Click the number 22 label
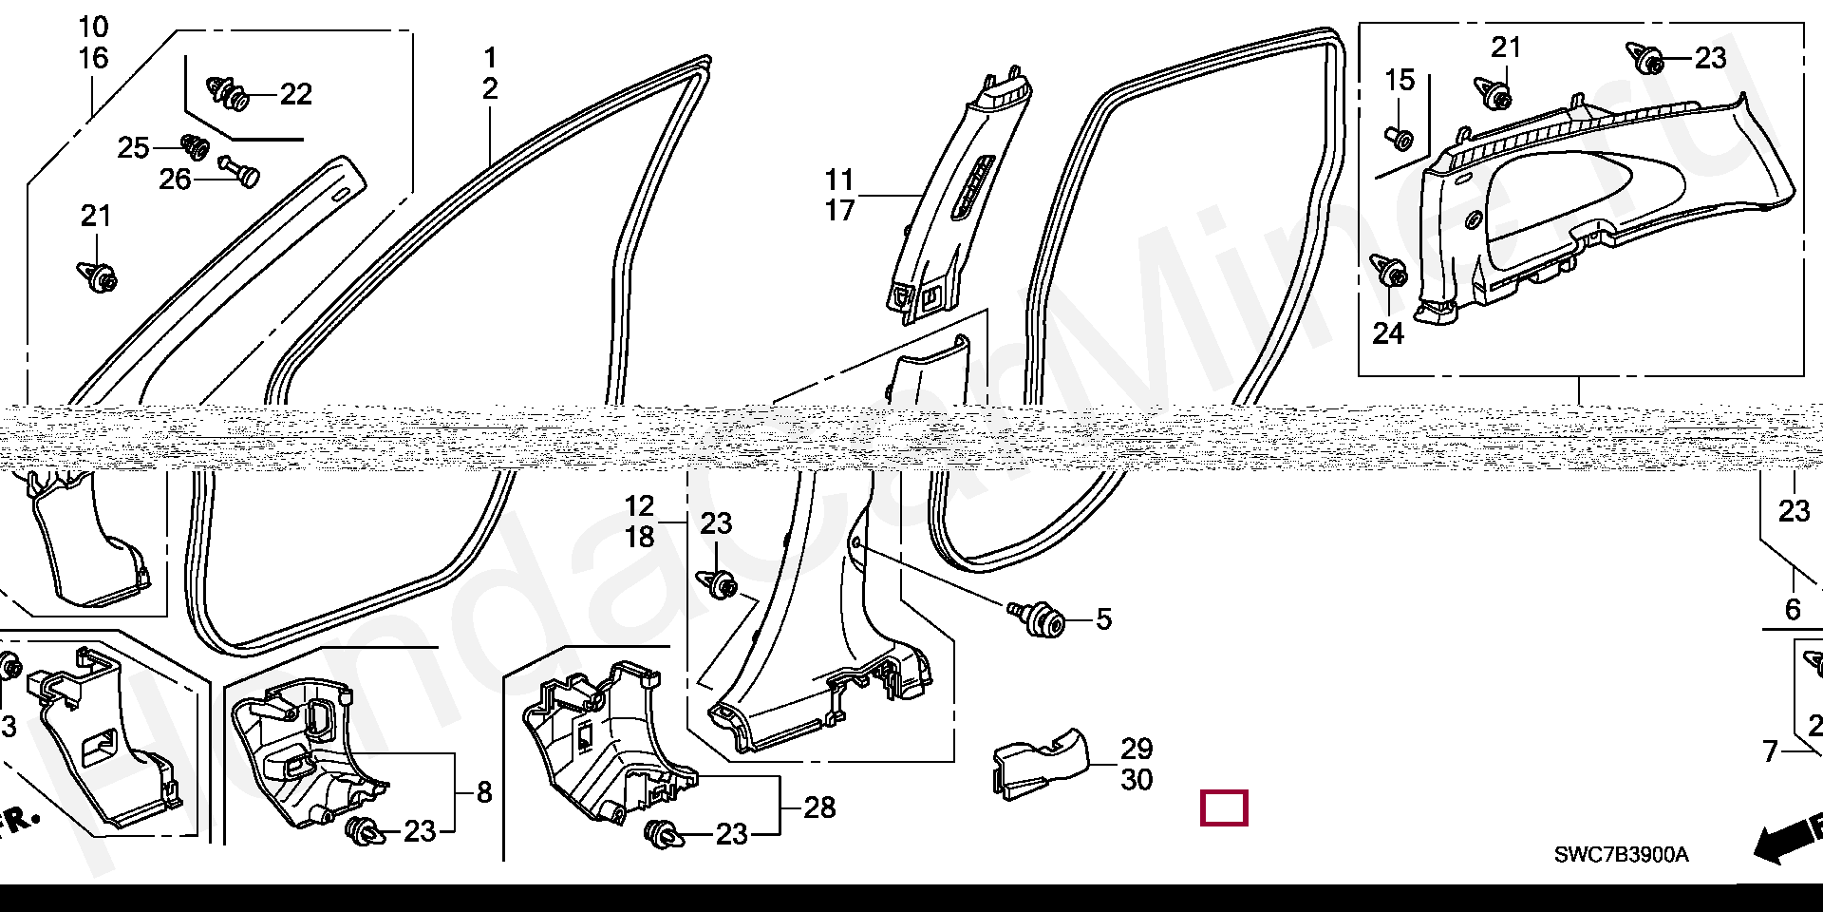(x=296, y=94)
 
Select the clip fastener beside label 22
(x=228, y=92)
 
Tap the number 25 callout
(x=133, y=148)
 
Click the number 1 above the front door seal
(x=490, y=57)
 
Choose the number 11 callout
(x=839, y=180)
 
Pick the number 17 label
(x=839, y=210)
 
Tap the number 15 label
(x=1400, y=81)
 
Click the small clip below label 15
(x=1400, y=138)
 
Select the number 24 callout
(x=1388, y=333)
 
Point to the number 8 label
(x=484, y=792)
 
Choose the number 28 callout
(x=819, y=807)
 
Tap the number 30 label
(x=1137, y=780)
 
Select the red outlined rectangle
(x=1224, y=808)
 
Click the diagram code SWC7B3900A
(x=1621, y=855)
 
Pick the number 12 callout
(x=639, y=506)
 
